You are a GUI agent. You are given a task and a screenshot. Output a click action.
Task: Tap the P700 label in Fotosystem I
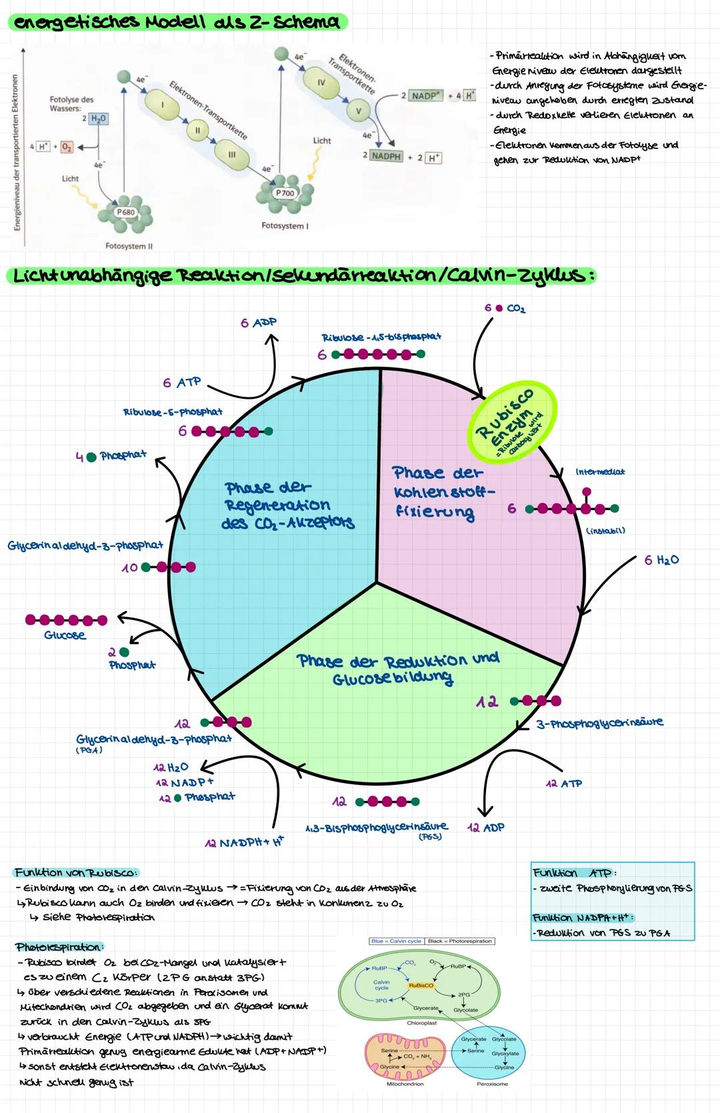click(285, 193)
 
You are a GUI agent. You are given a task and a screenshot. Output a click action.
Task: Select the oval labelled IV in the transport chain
click(321, 82)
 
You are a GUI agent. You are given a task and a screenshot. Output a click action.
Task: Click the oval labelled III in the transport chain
click(232, 154)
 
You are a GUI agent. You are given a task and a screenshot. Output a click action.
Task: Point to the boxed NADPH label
click(387, 155)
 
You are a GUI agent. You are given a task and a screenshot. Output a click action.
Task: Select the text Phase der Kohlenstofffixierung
click(443, 493)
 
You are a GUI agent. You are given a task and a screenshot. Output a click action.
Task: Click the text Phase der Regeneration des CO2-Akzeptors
click(288, 505)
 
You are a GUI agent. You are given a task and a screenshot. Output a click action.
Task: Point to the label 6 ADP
click(259, 323)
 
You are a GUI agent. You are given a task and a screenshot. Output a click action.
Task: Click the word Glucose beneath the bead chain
click(65, 636)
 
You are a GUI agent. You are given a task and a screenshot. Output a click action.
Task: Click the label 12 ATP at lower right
click(564, 784)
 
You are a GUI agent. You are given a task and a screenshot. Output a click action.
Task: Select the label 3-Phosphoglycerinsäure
click(599, 723)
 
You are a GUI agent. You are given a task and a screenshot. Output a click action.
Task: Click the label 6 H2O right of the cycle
click(661, 560)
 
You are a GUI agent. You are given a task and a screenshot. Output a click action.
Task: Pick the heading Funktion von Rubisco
click(76, 872)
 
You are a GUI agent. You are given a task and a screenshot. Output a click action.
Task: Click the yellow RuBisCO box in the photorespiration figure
click(421, 985)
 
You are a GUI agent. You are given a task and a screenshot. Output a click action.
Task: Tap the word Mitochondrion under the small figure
click(405, 1084)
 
